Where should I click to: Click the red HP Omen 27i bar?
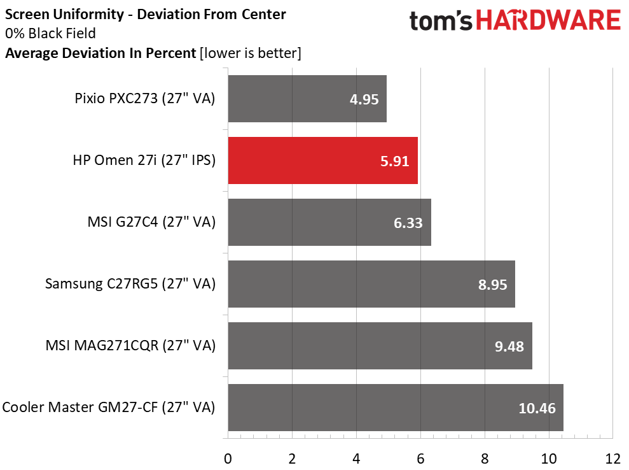coord(322,160)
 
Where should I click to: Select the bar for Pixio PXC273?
coord(307,99)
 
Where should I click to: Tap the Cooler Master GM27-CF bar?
coord(395,408)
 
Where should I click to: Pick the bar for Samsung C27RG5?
coord(371,284)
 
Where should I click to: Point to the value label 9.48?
coord(509,346)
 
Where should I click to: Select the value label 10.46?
coord(537,408)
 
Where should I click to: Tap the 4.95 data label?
coord(364,99)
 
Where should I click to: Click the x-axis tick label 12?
coord(612,458)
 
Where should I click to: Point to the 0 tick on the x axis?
coord(228,458)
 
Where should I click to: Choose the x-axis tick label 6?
coord(420,458)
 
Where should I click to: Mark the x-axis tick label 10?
coord(549,458)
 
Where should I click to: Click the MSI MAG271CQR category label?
coord(130,346)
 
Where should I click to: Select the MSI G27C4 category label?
coord(151,222)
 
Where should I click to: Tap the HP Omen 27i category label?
coord(144,160)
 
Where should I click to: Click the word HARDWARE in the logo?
coord(549,21)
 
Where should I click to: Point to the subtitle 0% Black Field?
coord(50,33)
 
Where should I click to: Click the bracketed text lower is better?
coord(250,53)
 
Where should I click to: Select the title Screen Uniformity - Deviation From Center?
coord(146,14)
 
